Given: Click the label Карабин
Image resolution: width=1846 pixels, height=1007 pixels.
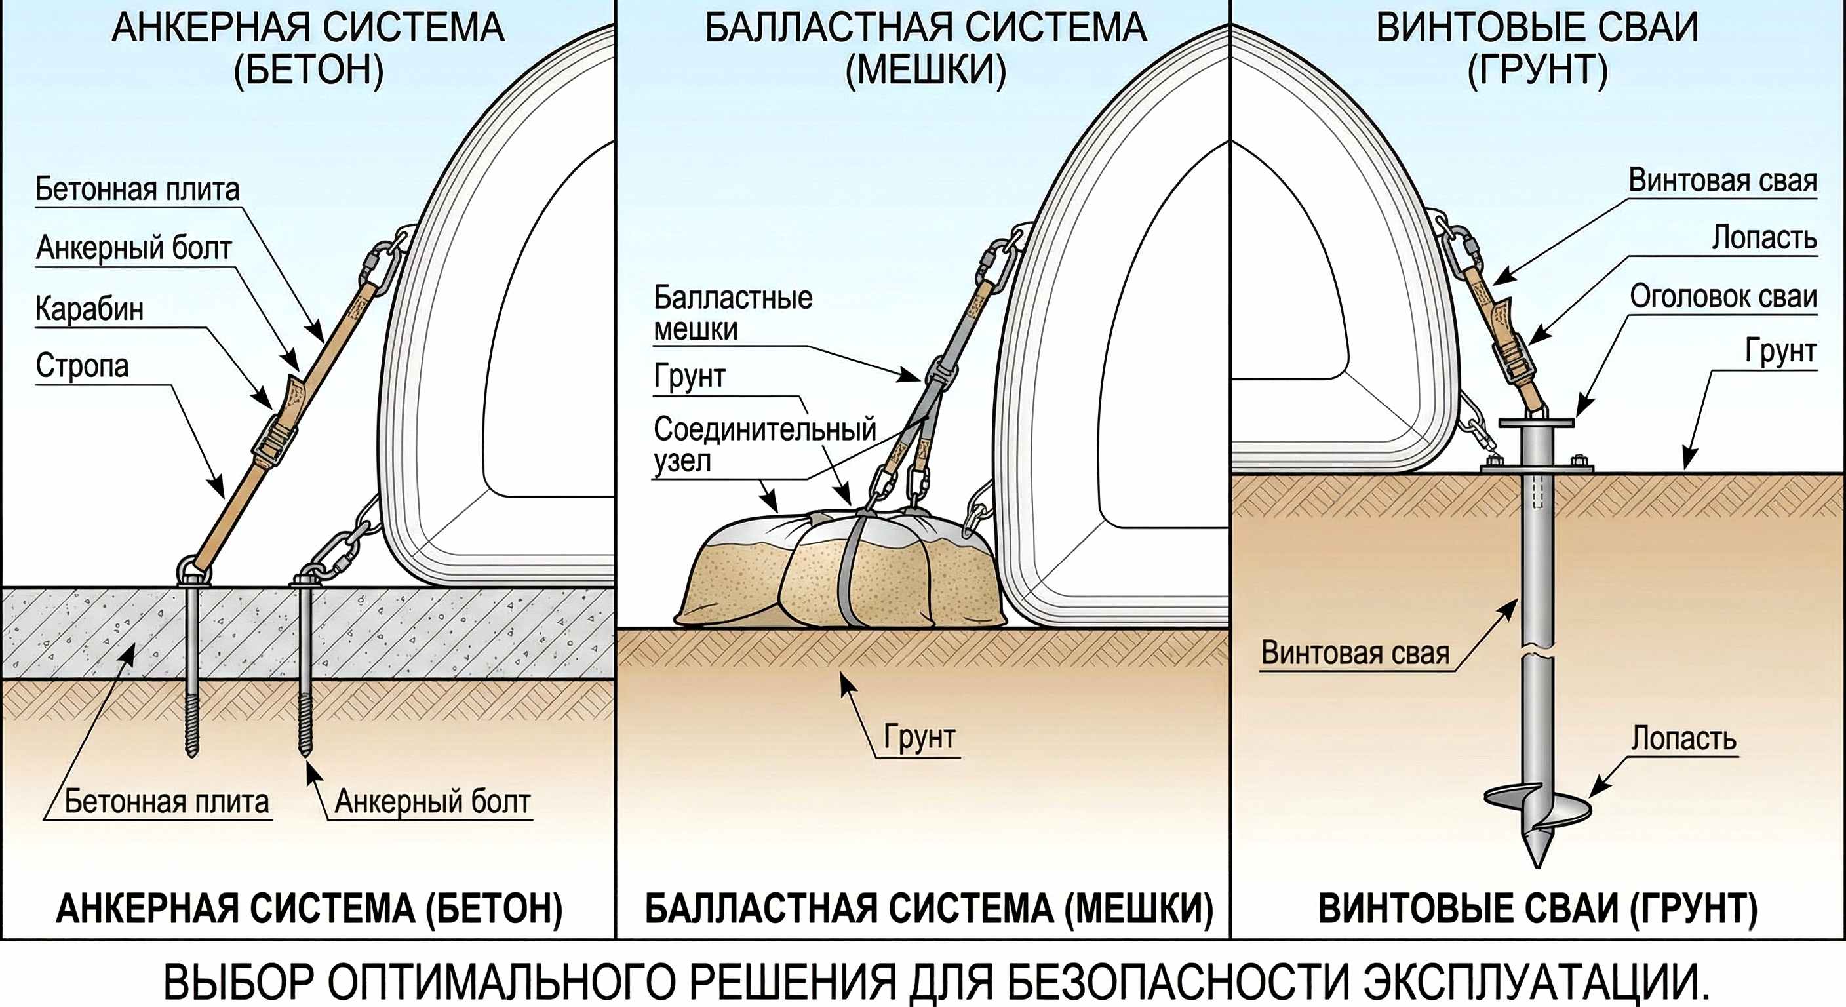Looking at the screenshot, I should pos(90,309).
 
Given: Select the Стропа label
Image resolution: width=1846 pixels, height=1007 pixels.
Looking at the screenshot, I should pos(83,366).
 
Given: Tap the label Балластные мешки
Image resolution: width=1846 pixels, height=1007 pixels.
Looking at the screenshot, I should pos(732,313).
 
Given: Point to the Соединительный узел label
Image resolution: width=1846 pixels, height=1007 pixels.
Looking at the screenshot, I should pos(764,444).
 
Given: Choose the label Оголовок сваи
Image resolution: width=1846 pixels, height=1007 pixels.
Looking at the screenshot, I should pos(1723,297).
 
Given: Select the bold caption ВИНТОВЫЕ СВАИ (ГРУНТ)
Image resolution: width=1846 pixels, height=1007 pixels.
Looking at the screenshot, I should pos(1538,909).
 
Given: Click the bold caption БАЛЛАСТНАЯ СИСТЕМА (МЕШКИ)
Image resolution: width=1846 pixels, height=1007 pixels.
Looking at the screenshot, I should pos(930,909).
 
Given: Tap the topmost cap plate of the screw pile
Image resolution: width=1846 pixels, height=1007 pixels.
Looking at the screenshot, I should pos(1537,423).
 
